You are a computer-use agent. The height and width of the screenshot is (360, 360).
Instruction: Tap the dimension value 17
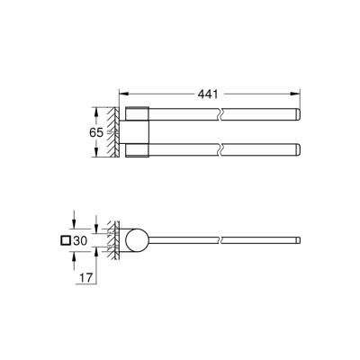[82, 280]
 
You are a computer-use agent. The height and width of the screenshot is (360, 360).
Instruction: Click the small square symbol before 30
[65, 240]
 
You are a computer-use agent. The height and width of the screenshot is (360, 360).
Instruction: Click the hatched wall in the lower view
[112, 240]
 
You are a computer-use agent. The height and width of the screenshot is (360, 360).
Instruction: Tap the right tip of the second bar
[295, 149]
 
